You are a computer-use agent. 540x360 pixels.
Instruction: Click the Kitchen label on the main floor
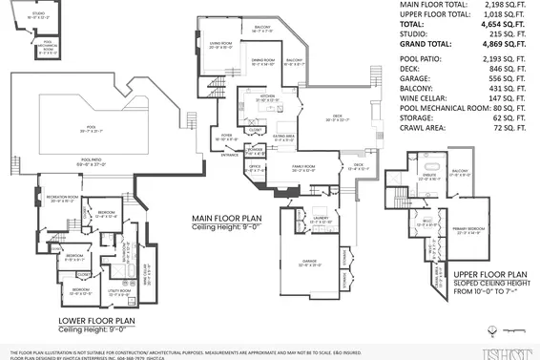[x=267, y=97]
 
